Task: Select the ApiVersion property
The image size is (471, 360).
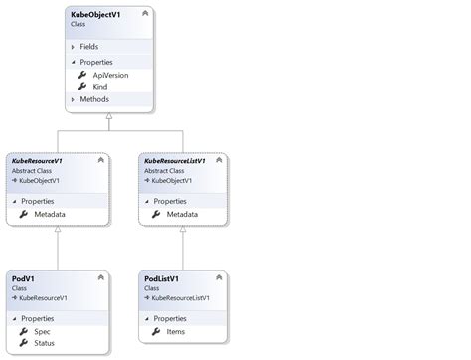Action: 110,75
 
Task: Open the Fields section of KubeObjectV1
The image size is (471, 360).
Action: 88,46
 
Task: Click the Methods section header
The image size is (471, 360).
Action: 93,100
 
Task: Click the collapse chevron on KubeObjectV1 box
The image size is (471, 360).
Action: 146,14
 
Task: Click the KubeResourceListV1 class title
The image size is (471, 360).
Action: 174,160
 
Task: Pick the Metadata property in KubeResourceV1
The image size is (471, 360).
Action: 50,213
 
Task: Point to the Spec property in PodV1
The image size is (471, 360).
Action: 43,330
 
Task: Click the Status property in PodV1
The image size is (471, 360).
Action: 46,342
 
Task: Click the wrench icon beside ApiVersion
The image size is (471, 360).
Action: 82,75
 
